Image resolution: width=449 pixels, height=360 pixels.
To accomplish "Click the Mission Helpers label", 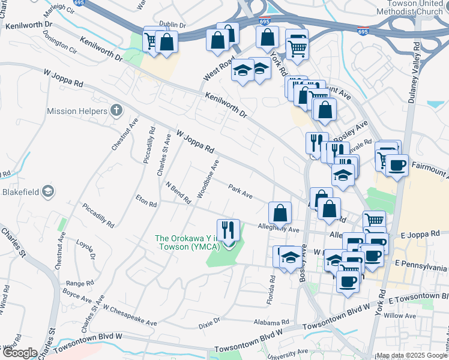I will tap(77, 111).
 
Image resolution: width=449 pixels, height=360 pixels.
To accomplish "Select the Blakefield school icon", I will tap(47, 192).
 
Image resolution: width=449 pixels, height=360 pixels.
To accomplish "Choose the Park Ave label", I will tap(240, 191).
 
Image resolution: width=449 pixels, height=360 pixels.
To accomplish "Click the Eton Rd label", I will tap(146, 200).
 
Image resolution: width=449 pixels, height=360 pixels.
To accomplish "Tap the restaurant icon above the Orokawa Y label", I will tap(228, 230).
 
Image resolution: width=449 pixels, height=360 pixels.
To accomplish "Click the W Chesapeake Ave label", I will tap(130, 316).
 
